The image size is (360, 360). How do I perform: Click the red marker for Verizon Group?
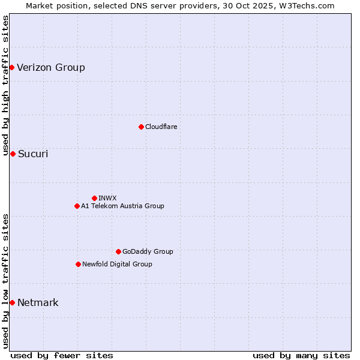click(11, 67)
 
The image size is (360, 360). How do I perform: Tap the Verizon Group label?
click(51, 67)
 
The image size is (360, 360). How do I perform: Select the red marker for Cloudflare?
click(141, 127)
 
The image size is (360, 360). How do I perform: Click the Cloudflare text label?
click(161, 127)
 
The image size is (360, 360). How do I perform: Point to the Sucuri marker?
click(13, 154)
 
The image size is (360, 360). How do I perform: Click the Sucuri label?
click(33, 154)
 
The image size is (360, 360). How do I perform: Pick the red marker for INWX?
click(94, 198)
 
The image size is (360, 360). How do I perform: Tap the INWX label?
click(107, 198)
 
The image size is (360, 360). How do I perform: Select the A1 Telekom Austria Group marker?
click(77, 206)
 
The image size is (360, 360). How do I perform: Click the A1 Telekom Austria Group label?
click(122, 206)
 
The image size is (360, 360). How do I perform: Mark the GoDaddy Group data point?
click(118, 251)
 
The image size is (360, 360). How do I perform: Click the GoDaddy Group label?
click(148, 251)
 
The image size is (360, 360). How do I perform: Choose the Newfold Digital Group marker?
click(78, 264)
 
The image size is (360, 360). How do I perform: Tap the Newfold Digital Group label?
click(117, 264)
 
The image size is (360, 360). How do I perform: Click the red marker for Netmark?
click(12, 302)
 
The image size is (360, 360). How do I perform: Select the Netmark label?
click(38, 302)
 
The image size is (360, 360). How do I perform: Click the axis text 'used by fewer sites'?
click(62, 355)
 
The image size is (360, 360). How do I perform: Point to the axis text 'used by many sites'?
click(301, 355)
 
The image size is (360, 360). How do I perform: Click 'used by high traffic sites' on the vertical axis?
click(5, 86)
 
